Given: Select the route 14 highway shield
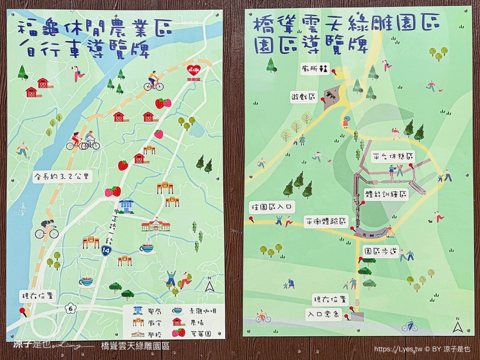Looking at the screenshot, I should (x=106, y=250).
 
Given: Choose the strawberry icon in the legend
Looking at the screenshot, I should (x=179, y=333).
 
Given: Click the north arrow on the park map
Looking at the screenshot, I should (x=456, y=327).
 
